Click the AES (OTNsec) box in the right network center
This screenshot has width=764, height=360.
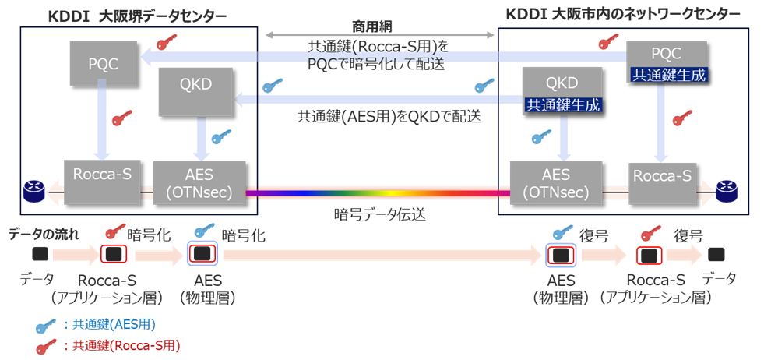555,182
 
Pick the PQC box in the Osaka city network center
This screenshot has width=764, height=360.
666,54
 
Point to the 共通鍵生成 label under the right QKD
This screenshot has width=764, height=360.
562,104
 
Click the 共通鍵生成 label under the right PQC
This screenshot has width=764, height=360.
666,75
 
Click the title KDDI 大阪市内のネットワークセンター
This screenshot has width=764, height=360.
623,15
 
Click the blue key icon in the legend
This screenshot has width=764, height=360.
47,325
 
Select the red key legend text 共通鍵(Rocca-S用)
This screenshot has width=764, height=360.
124,344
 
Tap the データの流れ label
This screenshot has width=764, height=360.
44,234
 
